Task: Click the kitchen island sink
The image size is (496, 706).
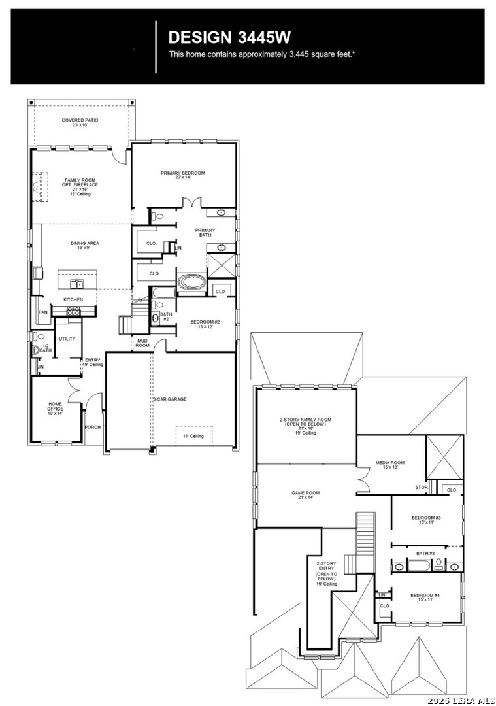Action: (77, 283)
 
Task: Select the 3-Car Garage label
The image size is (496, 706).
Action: (169, 399)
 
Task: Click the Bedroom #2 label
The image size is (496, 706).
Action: (201, 324)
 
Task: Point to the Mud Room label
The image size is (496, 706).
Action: (142, 343)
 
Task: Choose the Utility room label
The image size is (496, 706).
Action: (67, 339)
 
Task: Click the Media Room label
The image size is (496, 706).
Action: (390, 464)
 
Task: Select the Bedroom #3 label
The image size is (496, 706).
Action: (426, 520)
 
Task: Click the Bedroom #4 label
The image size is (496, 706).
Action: (425, 597)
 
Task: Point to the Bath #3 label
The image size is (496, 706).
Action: (425, 554)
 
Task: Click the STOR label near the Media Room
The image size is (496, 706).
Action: (422, 487)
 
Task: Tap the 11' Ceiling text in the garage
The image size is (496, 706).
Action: (193, 436)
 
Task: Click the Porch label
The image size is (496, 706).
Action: (92, 428)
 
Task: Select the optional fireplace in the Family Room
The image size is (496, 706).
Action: (41, 186)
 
